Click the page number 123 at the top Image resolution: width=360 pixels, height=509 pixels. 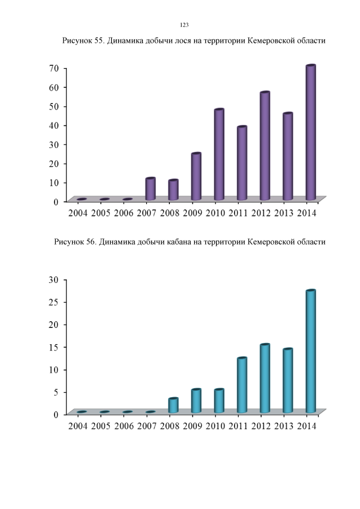(184, 25)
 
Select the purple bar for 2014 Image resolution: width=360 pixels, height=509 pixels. (310, 133)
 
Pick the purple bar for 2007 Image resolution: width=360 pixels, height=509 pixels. (150, 189)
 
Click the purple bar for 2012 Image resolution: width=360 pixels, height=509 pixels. (265, 146)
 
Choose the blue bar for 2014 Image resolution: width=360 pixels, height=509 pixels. (310, 352)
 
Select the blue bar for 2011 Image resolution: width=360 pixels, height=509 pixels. (242, 385)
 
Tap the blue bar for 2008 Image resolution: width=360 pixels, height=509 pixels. (173, 406)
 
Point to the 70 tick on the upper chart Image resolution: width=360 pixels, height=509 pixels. (54, 68)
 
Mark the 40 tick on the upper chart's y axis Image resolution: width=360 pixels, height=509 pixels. (54, 125)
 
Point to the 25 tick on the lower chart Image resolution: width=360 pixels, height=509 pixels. (54, 302)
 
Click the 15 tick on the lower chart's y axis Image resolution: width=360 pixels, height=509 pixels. (54, 347)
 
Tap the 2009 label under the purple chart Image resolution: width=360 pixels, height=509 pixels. (192, 213)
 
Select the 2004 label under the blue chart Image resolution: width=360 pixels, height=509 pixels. (78, 426)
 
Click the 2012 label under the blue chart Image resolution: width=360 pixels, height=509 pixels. (262, 426)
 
